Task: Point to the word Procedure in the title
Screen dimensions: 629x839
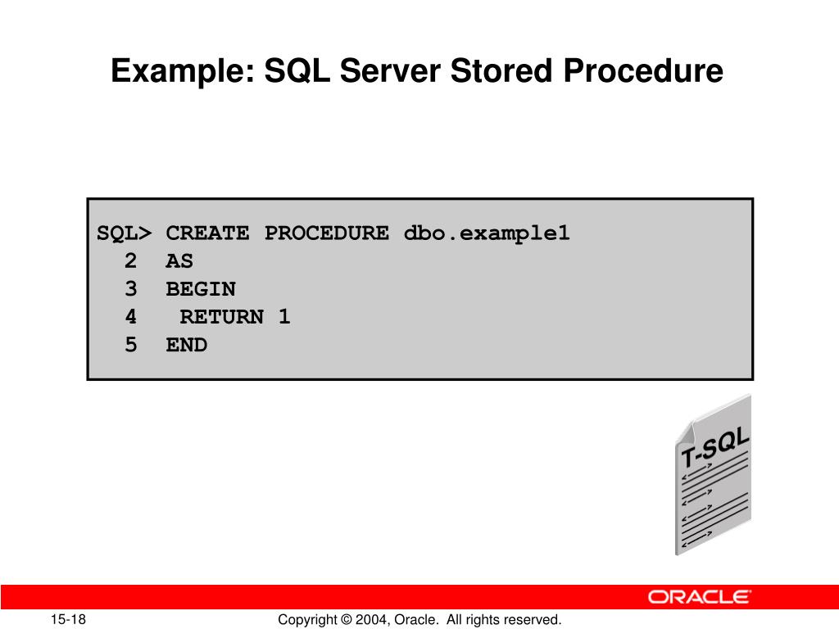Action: coord(642,72)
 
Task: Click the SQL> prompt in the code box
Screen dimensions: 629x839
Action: coord(125,233)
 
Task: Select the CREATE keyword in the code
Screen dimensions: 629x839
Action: coord(207,233)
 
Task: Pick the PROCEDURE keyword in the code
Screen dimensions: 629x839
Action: coord(326,233)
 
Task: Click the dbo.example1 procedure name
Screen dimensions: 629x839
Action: coord(487,233)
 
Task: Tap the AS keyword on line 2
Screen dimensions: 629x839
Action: coord(179,261)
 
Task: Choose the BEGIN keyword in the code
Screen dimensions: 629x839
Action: coord(201,289)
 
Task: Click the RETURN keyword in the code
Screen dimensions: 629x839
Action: coord(222,317)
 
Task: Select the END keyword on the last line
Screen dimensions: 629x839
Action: coord(187,345)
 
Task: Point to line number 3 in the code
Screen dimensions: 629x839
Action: coord(131,289)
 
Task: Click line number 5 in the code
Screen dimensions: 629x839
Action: coord(131,345)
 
